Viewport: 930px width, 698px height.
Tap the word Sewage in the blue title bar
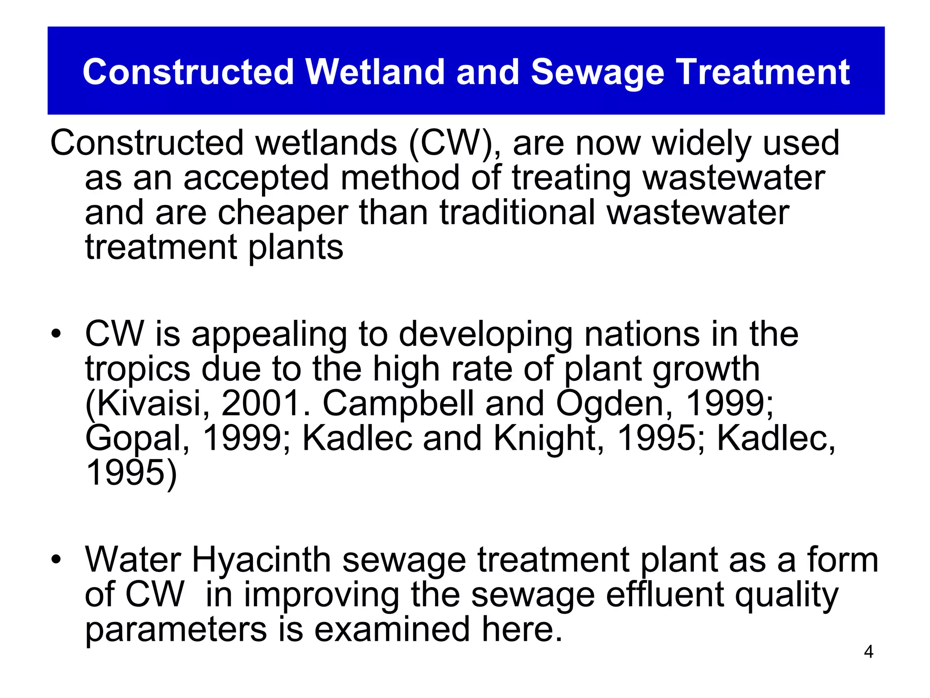click(x=597, y=73)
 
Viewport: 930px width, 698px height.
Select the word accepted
click(x=256, y=179)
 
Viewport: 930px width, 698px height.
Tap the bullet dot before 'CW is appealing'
click(x=56, y=334)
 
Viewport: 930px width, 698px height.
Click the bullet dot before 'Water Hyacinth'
click(x=56, y=559)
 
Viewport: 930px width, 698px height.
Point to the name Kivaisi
click(x=148, y=404)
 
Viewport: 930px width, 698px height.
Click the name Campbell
click(x=398, y=404)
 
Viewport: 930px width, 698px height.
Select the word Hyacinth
click(x=262, y=560)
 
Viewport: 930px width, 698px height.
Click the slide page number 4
click(x=868, y=652)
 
